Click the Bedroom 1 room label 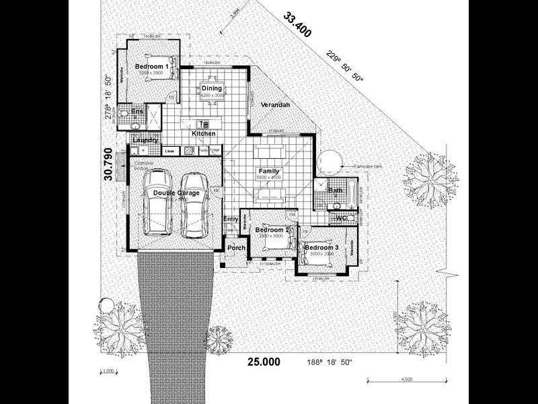tap(151, 67)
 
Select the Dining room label tap(211, 89)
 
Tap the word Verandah tap(275, 106)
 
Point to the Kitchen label tap(204, 133)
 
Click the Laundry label tap(146, 140)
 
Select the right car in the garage tap(195, 205)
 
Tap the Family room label tap(269, 172)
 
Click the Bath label tap(335, 191)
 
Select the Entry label tap(231, 219)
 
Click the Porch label tap(236, 248)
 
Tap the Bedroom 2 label tap(272, 230)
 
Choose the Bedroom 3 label tap(321, 248)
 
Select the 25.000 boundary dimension tap(264, 362)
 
